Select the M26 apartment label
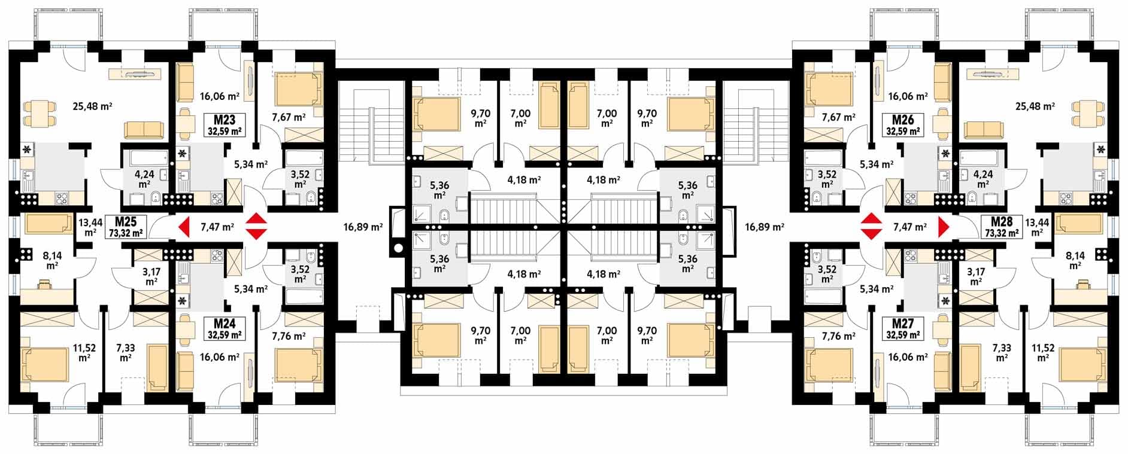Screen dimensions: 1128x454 (x=903, y=118)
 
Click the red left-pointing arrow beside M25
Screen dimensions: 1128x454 (x=184, y=227)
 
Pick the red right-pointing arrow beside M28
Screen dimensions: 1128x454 (x=944, y=227)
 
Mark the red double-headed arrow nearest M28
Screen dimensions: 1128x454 (x=869, y=227)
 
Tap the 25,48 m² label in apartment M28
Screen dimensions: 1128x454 (x=1035, y=106)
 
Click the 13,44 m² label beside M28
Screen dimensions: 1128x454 (x=1038, y=226)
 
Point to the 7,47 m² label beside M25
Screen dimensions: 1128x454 (x=217, y=227)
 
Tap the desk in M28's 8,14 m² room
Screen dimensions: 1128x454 (x=1082, y=282)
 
